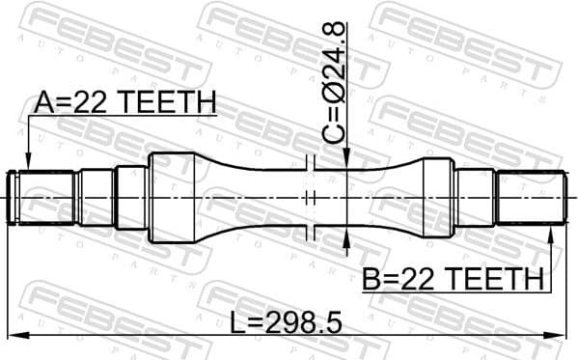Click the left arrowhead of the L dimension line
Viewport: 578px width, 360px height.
pyautogui.click(x=12, y=335)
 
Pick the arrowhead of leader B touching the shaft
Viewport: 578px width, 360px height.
pyautogui.click(x=553, y=229)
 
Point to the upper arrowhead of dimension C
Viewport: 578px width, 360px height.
pyautogui.click(x=346, y=159)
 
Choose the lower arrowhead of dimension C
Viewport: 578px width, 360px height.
pyautogui.click(x=346, y=236)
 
